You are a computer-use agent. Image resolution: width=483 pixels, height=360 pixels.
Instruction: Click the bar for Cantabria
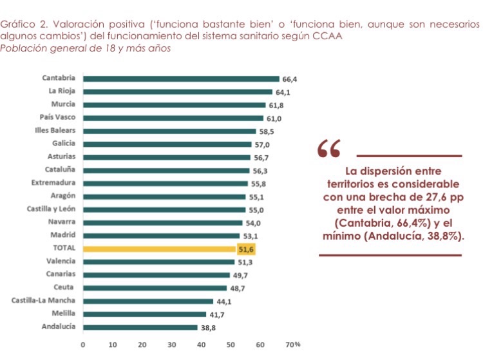click(181, 79)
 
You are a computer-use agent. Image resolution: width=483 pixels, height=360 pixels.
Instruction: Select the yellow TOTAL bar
click(160, 249)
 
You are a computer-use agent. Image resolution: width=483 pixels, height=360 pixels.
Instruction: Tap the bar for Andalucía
click(140, 327)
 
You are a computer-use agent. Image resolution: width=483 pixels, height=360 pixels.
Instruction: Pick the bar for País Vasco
click(173, 118)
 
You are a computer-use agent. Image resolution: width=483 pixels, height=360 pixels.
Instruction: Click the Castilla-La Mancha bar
click(148, 301)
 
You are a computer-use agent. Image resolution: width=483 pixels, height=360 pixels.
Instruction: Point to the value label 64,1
click(282, 92)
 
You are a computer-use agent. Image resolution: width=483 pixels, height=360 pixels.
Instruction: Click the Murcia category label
click(63, 104)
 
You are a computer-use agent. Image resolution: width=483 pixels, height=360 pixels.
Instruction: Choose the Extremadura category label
click(54, 183)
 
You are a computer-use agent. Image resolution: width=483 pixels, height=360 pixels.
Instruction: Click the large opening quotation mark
click(329, 149)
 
